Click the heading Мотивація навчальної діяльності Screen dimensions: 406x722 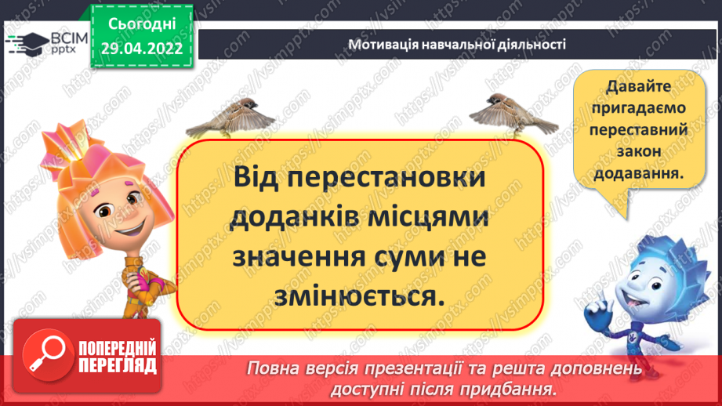click(x=457, y=45)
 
